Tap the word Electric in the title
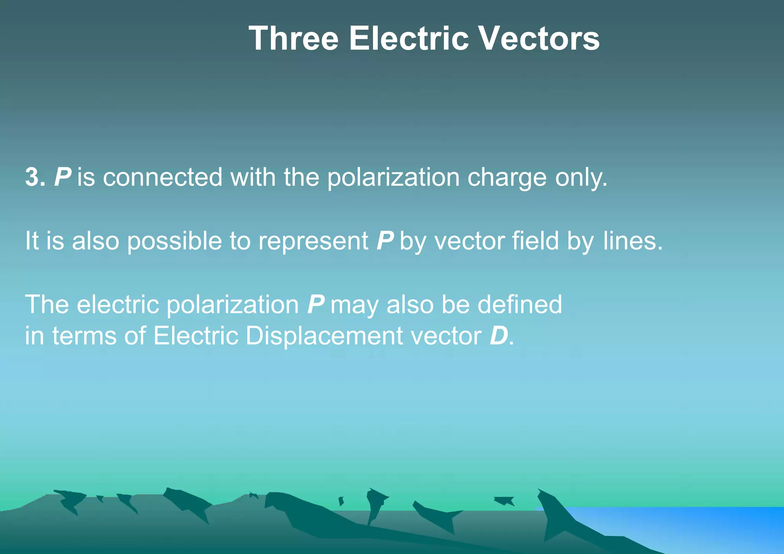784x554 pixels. [x=408, y=38]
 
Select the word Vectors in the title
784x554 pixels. [x=540, y=38]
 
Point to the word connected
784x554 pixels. [x=162, y=177]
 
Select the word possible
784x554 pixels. [x=174, y=241]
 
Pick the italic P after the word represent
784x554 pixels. [x=385, y=241]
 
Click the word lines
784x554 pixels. [x=632, y=241]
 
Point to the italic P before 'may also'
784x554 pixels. [x=316, y=305]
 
